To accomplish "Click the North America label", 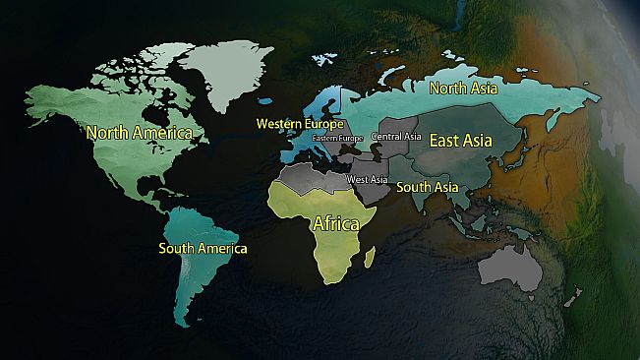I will pyautogui.click(x=138, y=131).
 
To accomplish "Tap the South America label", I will pyautogui.click(x=203, y=249).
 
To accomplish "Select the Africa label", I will pyautogui.click(x=335, y=223).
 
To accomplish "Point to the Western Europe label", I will pyautogui.click(x=300, y=124).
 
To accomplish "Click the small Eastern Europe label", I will pyautogui.click(x=337, y=139).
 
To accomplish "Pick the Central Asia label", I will pyautogui.click(x=396, y=136).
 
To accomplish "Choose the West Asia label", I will pyautogui.click(x=365, y=180).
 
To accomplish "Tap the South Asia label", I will pyautogui.click(x=427, y=187).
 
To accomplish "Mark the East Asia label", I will pyautogui.click(x=467, y=142).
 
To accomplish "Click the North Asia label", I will pyautogui.click(x=463, y=88).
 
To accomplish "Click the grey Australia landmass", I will pyautogui.click(x=512, y=263).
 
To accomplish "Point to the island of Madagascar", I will pyautogui.click(x=371, y=258).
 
